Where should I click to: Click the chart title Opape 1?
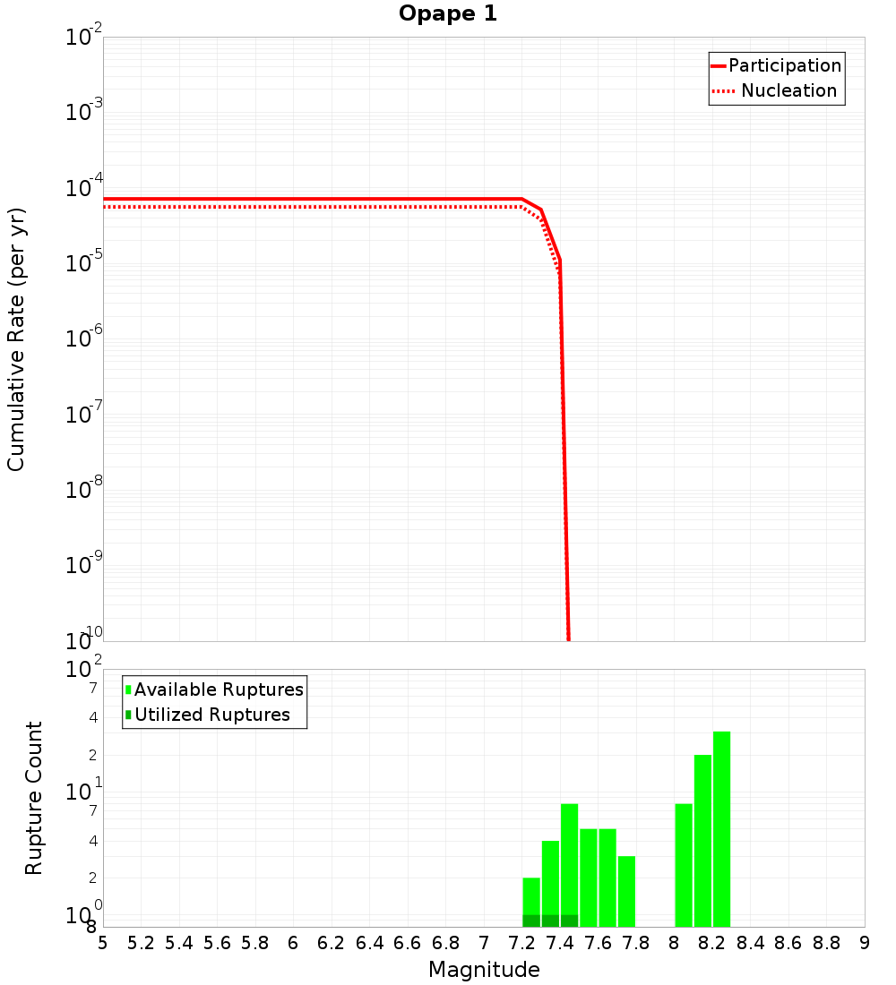click(447, 14)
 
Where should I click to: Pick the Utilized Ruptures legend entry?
click(211, 715)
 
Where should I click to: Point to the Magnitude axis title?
click(484, 970)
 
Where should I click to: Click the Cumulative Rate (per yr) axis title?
click(16, 338)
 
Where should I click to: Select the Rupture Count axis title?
click(34, 798)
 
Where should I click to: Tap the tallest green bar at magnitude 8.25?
click(721, 828)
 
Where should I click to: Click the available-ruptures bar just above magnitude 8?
click(684, 865)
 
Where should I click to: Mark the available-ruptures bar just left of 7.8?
click(626, 891)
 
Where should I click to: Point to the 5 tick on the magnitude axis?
click(103, 943)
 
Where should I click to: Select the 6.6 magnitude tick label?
click(408, 943)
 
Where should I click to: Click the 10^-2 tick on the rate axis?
click(84, 39)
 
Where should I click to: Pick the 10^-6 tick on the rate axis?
click(84, 339)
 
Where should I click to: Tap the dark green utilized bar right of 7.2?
click(531, 921)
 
